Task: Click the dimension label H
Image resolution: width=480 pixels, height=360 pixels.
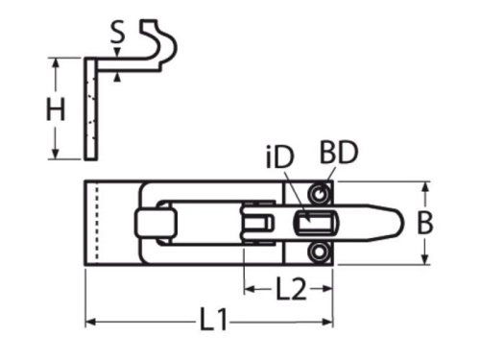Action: tap(56, 110)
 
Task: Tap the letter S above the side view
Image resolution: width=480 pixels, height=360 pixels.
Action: tap(117, 33)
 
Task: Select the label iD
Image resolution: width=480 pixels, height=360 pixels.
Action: tap(280, 157)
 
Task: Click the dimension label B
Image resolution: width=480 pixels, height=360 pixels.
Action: tap(425, 223)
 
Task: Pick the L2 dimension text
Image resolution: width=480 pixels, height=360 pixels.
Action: tap(291, 289)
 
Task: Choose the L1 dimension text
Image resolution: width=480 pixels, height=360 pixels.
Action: tap(213, 319)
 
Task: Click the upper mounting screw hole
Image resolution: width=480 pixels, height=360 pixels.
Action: tap(319, 194)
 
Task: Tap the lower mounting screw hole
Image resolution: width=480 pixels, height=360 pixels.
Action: tap(319, 252)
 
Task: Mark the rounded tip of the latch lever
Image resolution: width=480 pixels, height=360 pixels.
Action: tap(402, 224)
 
